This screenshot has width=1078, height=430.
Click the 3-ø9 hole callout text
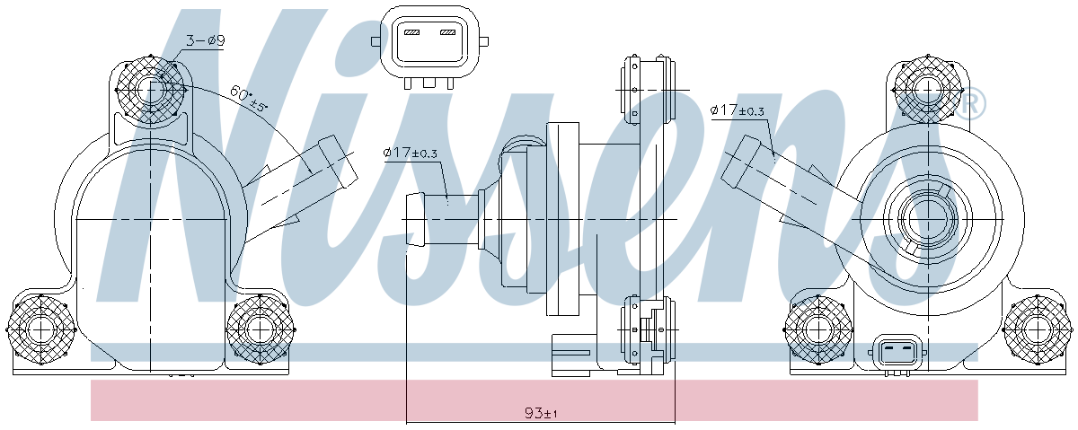point(206,40)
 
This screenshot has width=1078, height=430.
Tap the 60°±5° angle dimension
point(248,99)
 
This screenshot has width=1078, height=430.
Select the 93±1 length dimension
point(541,413)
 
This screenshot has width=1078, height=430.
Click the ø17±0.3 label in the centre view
point(410,153)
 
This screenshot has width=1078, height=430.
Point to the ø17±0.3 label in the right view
point(738,110)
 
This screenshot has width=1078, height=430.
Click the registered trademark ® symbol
point(969,104)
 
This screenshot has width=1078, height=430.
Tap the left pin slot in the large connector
point(411,32)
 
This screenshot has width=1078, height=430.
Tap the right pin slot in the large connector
point(447,32)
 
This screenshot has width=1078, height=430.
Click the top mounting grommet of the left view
point(151,90)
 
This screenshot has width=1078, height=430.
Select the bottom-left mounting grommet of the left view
point(42,329)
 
